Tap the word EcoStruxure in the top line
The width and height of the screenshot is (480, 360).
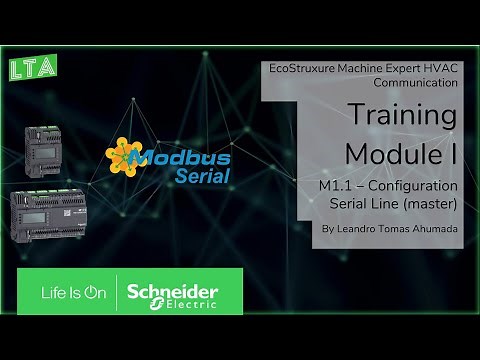[x=305, y=70]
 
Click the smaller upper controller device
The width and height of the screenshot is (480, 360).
[x=49, y=149]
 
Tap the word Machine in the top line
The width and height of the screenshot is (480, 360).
[x=368, y=70]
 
